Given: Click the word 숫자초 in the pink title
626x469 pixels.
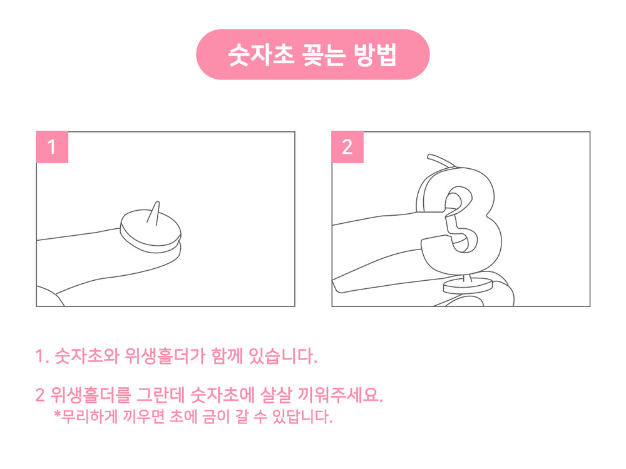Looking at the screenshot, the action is point(260,54).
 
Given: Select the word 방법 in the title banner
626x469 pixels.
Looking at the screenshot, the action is point(375,54).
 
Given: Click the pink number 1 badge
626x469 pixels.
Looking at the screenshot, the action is point(52,147).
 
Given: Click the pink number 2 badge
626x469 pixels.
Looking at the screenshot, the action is point(347,147).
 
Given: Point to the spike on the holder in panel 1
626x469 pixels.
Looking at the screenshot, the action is point(154,212).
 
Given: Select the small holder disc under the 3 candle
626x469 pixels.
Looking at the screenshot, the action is point(468,286).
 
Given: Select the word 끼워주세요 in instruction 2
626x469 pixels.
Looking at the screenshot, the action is point(341,395).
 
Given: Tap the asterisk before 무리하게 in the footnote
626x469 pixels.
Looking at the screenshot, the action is point(58,415).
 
